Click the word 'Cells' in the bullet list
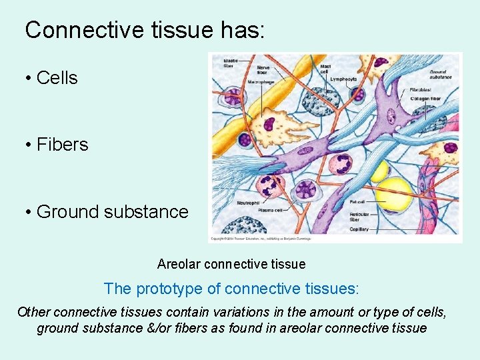[x=57, y=78]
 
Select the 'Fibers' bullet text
[x=62, y=145]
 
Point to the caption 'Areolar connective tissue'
[x=231, y=264]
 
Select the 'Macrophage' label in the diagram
[x=261, y=82]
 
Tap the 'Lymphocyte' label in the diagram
[x=343, y=79]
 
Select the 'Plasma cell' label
[x=250, y=210]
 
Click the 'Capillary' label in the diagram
[x=359, y=229]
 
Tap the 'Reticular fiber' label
[x=359, y=217]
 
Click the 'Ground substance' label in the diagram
[x=439, y=73]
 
